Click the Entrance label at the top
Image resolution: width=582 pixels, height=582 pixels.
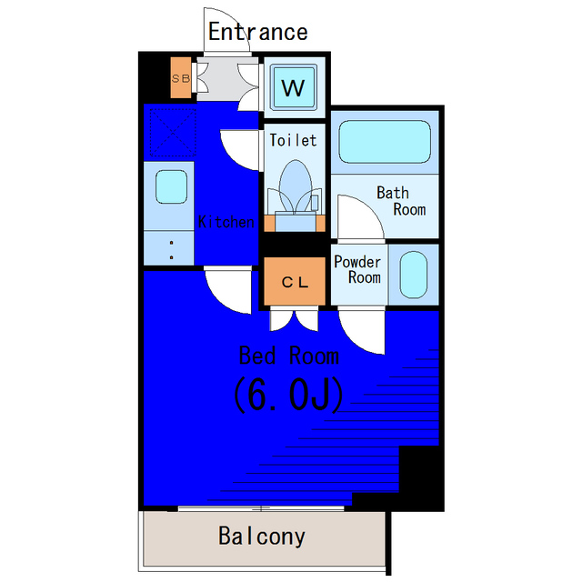[x=257, y=32]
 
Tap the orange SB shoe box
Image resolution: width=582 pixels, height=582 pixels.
[x=181, y=77]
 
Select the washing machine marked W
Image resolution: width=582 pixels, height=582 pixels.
[x=293, y=87]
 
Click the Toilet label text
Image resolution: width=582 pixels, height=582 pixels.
[x=293, y=140]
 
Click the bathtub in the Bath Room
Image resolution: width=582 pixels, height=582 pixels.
[x=385, y=142]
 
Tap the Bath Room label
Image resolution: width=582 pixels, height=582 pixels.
[x=401, y=201]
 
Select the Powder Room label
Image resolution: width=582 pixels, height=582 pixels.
[x=357, y=269]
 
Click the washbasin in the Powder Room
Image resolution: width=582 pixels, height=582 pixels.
[x=414, y=275]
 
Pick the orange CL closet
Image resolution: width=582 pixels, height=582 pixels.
[x=295, y=282]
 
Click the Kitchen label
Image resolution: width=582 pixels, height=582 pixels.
[x=226, y=222]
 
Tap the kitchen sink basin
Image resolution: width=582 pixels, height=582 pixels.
[x=171, y=186]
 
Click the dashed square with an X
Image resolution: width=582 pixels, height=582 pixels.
[x=173, y=132]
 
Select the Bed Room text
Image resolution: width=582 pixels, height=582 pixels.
[x=289, y=356]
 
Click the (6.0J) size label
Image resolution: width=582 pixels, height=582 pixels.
[x=288, y=395]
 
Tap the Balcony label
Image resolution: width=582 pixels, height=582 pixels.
[x=262, y=537]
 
